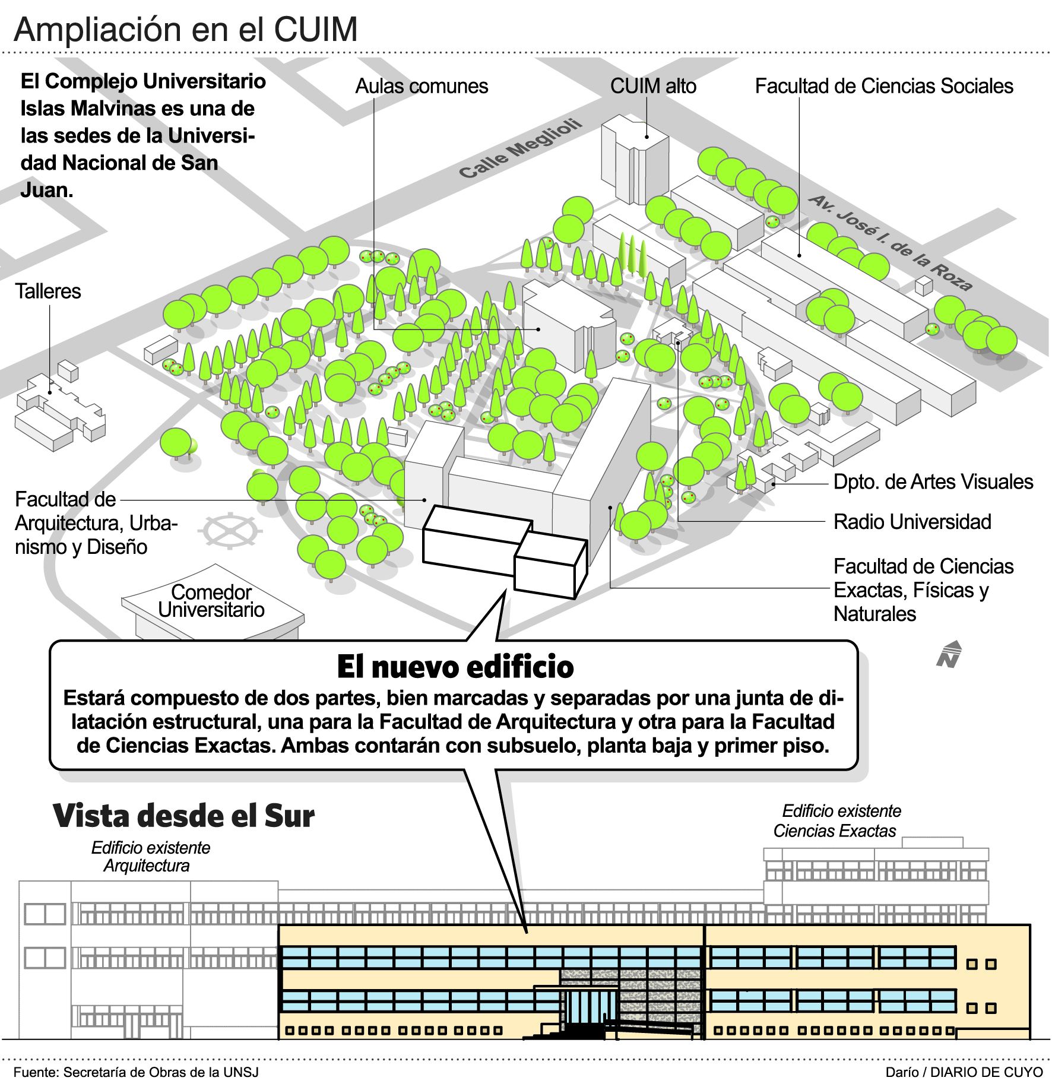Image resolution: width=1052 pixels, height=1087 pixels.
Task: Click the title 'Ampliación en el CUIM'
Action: click(186, 30)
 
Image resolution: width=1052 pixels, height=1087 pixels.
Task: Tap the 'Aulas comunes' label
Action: click(422, 87)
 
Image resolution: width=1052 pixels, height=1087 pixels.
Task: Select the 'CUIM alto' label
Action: click(653, 87)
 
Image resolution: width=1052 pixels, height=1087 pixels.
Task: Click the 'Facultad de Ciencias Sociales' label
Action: click(883, 87)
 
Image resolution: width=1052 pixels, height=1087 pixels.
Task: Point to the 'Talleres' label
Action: click(48, 291)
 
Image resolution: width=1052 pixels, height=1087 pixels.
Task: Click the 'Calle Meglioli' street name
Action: click(520, 149)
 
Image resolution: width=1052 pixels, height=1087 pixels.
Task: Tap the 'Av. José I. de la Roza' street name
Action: click(891, 243)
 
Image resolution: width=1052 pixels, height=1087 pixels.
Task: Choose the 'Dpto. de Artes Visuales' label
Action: click(933, 482)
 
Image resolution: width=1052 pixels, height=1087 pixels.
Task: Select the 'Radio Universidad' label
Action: click(912, 522)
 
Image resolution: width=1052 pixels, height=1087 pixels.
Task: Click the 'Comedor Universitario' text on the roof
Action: click(211, 601)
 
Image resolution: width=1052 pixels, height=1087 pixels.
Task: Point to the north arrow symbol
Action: click(949, 654)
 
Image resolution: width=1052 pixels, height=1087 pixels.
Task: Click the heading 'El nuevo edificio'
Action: click(455, 667)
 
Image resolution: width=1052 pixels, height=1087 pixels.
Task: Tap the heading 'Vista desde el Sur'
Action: click(183, 816)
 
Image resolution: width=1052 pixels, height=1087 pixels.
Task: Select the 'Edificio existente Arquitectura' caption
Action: click(150, 857)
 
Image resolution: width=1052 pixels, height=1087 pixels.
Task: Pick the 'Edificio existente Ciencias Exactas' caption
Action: click(836, 821)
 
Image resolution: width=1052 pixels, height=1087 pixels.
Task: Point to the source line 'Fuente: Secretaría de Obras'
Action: click(136, 1072)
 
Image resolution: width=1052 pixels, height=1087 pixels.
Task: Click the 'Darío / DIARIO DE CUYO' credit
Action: click(964, 1072)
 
